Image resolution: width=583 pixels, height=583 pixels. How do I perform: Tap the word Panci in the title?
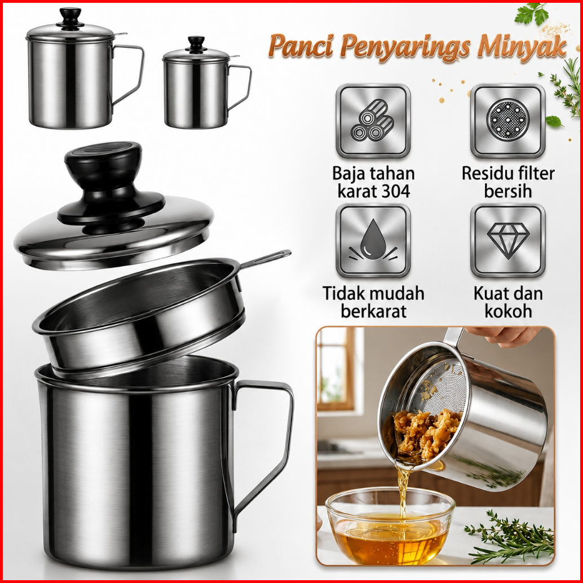click(x=301, y=45)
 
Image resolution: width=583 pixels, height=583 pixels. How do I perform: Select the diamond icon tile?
click(x=507, y=240)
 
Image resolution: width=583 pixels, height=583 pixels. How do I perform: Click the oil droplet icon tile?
click(x=373, y=240)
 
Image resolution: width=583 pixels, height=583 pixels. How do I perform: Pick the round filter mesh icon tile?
click(x=507, y=121)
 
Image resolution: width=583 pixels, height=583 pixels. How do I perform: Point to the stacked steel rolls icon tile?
click(x=373, y=121)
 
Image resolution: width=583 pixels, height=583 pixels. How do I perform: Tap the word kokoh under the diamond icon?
click(x=508, y=311)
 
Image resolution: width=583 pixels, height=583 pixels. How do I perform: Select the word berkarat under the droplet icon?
click(x=373, y=311)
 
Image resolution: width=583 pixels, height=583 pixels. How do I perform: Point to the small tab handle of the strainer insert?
click(x=265, y=258)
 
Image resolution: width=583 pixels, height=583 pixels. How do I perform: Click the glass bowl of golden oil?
click(x=390, y=526)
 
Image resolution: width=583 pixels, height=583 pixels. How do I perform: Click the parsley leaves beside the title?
click(x=532, y=14)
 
